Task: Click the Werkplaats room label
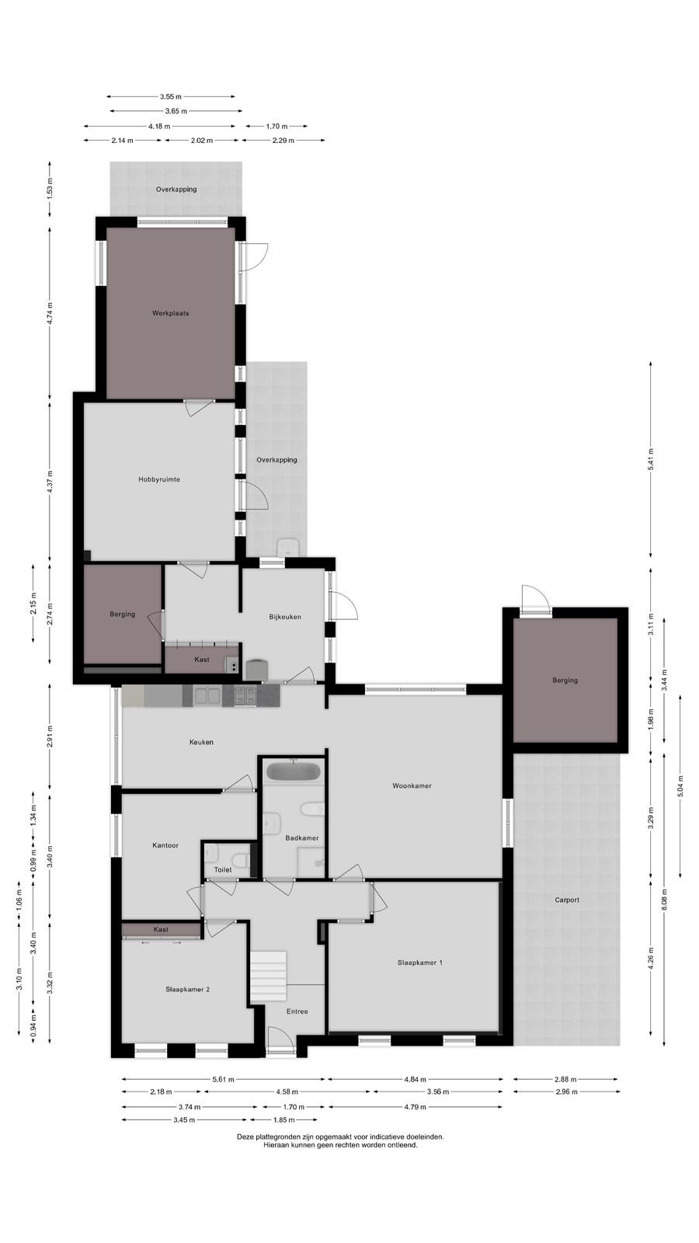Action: [170, 314]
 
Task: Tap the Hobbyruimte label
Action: [159, 479]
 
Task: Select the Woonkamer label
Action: [412, 785]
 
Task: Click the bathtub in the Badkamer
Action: [294, 772]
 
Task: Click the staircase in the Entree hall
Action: [268, 977]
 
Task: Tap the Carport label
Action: [567, 900]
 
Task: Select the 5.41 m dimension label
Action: [652, 459]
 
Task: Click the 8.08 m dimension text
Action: [665, 900]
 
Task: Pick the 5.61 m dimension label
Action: [224, 1079]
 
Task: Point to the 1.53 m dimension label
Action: [50, 190]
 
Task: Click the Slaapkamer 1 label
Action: [420, 963]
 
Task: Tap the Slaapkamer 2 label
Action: [187, 990]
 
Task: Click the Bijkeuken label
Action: [285, 617]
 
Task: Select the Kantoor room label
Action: [165, 846]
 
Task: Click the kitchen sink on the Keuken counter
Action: [207, 695]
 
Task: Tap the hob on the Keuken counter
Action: [245, 696]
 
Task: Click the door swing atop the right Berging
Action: [536, 598]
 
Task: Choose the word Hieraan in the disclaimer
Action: [276, 1144]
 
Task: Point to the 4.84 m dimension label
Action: [415, 1079]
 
